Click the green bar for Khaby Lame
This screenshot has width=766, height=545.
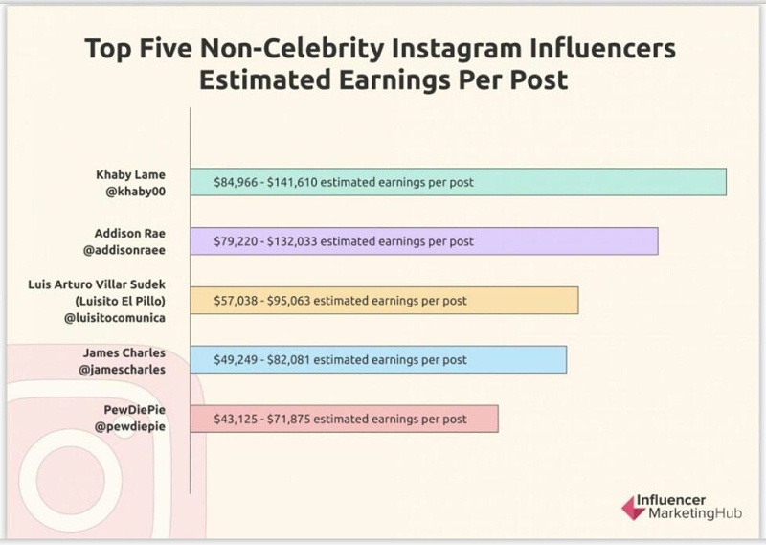coord(594,182)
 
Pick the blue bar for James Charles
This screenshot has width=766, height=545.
coord(517,359)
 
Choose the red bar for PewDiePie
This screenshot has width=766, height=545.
coord(483,419)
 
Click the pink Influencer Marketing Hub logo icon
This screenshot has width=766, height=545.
coord(633,508)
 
